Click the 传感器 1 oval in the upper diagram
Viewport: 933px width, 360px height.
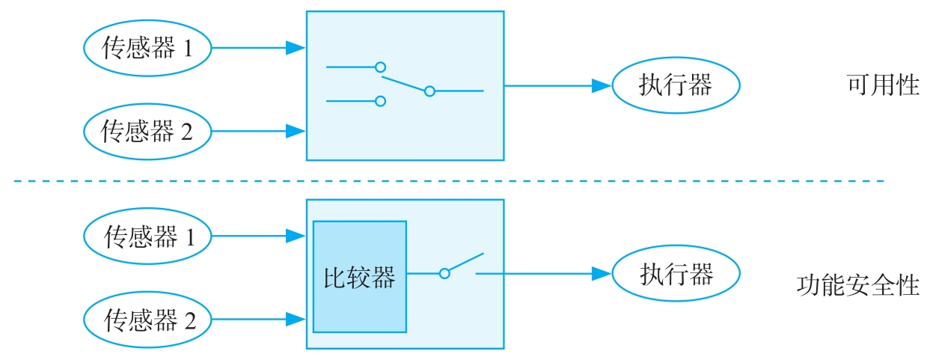pyautogui.click(x=147, y=49)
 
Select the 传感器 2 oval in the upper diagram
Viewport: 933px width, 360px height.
pyautogui.click(x=147, y=132)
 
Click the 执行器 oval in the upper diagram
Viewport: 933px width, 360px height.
pyautogui.click(x=676, y=85)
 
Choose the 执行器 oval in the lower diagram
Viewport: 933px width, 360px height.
pyautogui.click(x=676, y=274)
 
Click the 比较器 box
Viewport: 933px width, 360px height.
pyautogui.click(x=360, y=276)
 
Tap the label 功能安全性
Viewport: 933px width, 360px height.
pyautogui.click(x=858, y=285)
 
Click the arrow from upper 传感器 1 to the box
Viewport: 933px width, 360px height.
pyautogui.click(x=259, y=49)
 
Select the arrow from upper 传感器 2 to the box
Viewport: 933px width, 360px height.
pyautogui.click(x=259, y=132)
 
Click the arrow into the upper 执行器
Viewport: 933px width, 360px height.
pyautogui.click(x=558, y=85)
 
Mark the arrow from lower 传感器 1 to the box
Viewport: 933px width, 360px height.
pyautogui.click(x=259, y=237)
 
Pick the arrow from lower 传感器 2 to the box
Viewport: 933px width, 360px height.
pyautogui.click(x=259, y=320)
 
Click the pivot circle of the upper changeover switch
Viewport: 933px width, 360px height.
pyautogui.click(x=429, y=91)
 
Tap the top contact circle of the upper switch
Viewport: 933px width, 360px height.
pyautogui.click(x=380, y=67)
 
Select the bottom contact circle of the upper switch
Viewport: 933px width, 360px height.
pyautogui.click(x=380, y=100)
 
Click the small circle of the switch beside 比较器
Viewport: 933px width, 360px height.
pyautogui.click(x=444, y=274)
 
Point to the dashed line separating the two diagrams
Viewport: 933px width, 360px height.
pyautogui.click(x=449, y=181)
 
